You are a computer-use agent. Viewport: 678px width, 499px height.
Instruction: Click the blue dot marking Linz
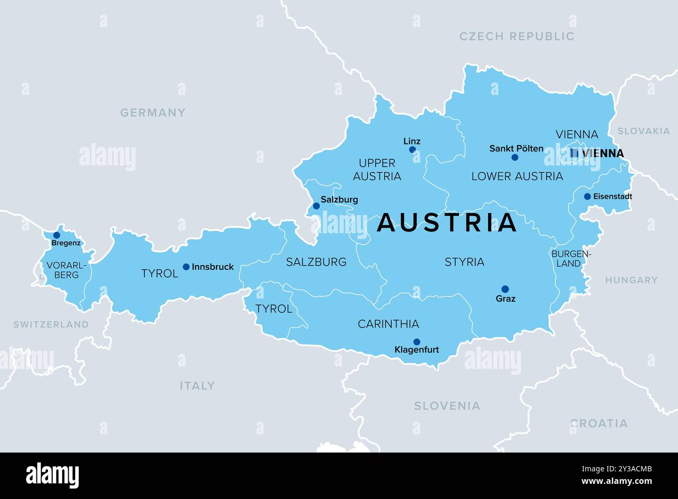point(412,150)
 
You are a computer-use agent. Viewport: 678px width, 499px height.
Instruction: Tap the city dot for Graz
point(505,289)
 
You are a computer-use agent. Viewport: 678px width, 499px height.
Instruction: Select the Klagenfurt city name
point(417,350)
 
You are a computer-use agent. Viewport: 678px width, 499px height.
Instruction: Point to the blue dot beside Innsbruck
point(186,267)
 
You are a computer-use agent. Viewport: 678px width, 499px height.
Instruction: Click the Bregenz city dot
point(56,235)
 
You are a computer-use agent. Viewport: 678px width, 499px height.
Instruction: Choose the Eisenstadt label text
point(612,197)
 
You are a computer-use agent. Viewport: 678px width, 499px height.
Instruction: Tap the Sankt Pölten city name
point(516,148)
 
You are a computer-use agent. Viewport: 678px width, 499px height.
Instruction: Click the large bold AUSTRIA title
point(446,223)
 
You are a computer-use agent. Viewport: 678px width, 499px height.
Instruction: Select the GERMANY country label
point(153,113)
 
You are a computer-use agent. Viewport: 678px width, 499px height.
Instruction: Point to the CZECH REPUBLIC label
point(516,37)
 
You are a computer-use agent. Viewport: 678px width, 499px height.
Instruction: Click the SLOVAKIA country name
point(643,131)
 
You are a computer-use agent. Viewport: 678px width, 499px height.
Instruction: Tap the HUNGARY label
point(631,280)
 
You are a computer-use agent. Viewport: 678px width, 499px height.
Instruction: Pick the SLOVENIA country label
point(447,406)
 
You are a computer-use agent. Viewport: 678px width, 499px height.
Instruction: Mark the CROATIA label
point(599,423)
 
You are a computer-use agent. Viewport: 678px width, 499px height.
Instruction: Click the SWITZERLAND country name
point(51,325)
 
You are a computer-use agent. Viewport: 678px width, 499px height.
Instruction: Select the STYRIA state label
point(464,262)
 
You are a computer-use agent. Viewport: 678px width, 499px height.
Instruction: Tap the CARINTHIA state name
point(388,324)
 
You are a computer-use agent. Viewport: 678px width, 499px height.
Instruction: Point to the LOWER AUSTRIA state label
point(517,176)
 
